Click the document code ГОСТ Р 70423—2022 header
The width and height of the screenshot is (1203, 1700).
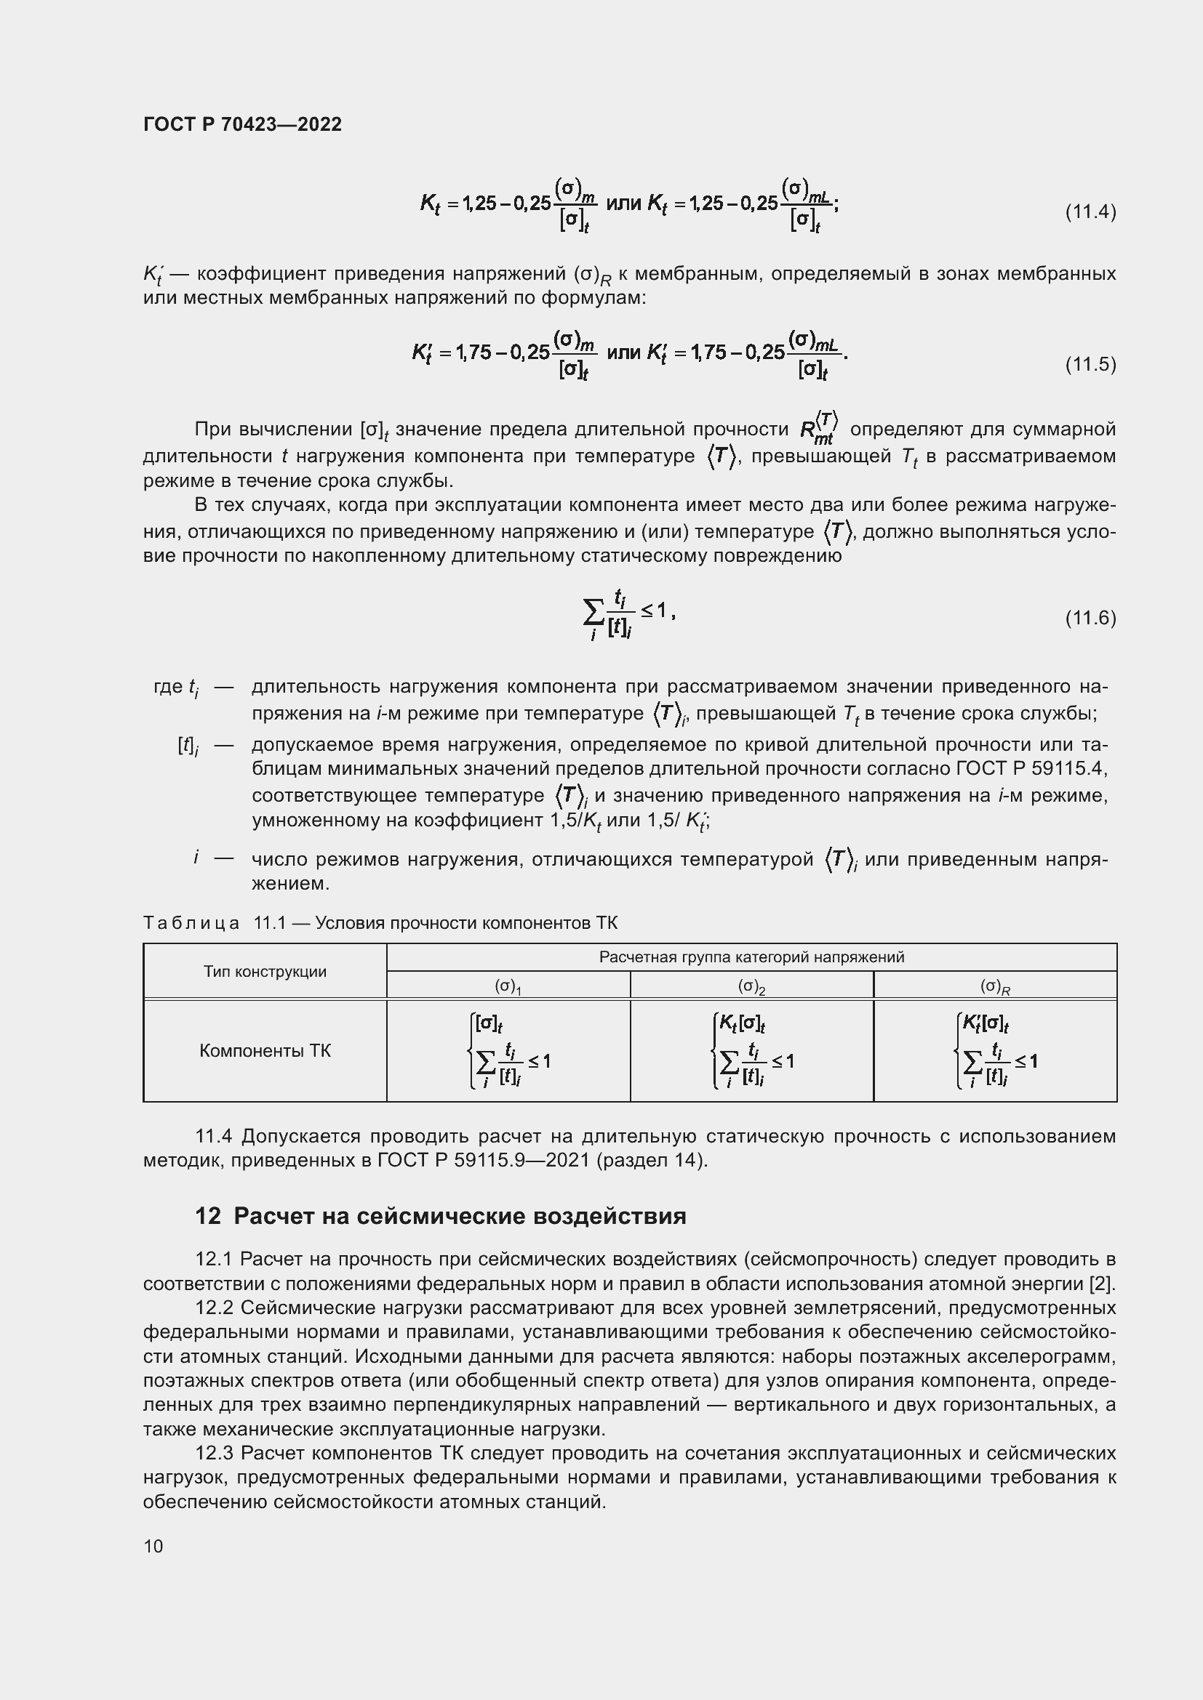coord(242,124)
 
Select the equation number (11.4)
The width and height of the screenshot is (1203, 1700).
coord(1090,212)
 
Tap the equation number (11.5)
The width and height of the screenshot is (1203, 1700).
coord(1090,364)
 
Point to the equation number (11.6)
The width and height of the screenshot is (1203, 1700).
coord(1090,618)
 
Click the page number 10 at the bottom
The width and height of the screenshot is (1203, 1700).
coord(153,1545)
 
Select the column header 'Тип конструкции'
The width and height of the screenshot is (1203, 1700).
coord(265,972)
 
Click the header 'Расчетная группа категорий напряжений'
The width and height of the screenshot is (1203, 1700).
coord(751,957)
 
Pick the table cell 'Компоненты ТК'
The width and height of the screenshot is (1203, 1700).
coord(265,1051)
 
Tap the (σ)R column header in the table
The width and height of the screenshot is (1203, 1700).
coord(995,986)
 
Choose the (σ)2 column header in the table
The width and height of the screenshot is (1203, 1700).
coord(751,986)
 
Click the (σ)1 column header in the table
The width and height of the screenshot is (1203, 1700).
coord(508,986)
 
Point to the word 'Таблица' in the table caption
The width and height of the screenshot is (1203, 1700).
coord(191,923)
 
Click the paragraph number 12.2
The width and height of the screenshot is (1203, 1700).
coord(214,1308)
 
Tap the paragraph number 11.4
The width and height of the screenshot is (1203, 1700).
coord(214,1136)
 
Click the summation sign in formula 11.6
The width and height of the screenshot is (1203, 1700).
coord(593,611)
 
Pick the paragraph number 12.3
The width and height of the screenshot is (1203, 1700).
coord(214,1454)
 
